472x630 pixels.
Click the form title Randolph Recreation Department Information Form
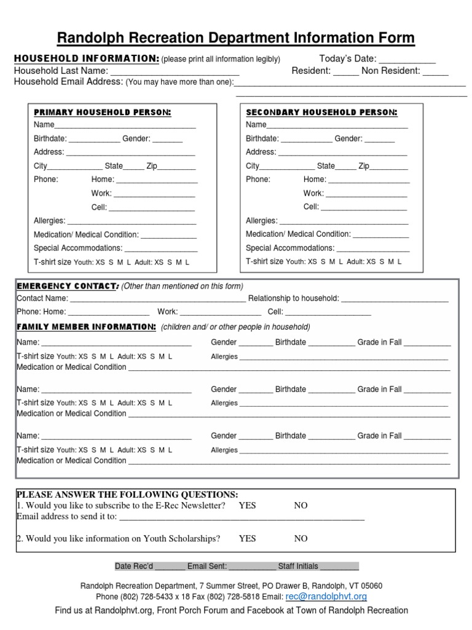236,38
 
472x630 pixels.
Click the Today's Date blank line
406,60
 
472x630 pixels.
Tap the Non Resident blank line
436,71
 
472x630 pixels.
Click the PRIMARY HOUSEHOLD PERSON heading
102,113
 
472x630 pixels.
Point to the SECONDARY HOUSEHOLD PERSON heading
321,113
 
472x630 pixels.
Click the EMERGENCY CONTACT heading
67,286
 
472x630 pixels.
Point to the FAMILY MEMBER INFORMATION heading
86,327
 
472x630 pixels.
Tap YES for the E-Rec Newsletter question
247,506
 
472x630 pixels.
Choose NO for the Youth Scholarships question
301,539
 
